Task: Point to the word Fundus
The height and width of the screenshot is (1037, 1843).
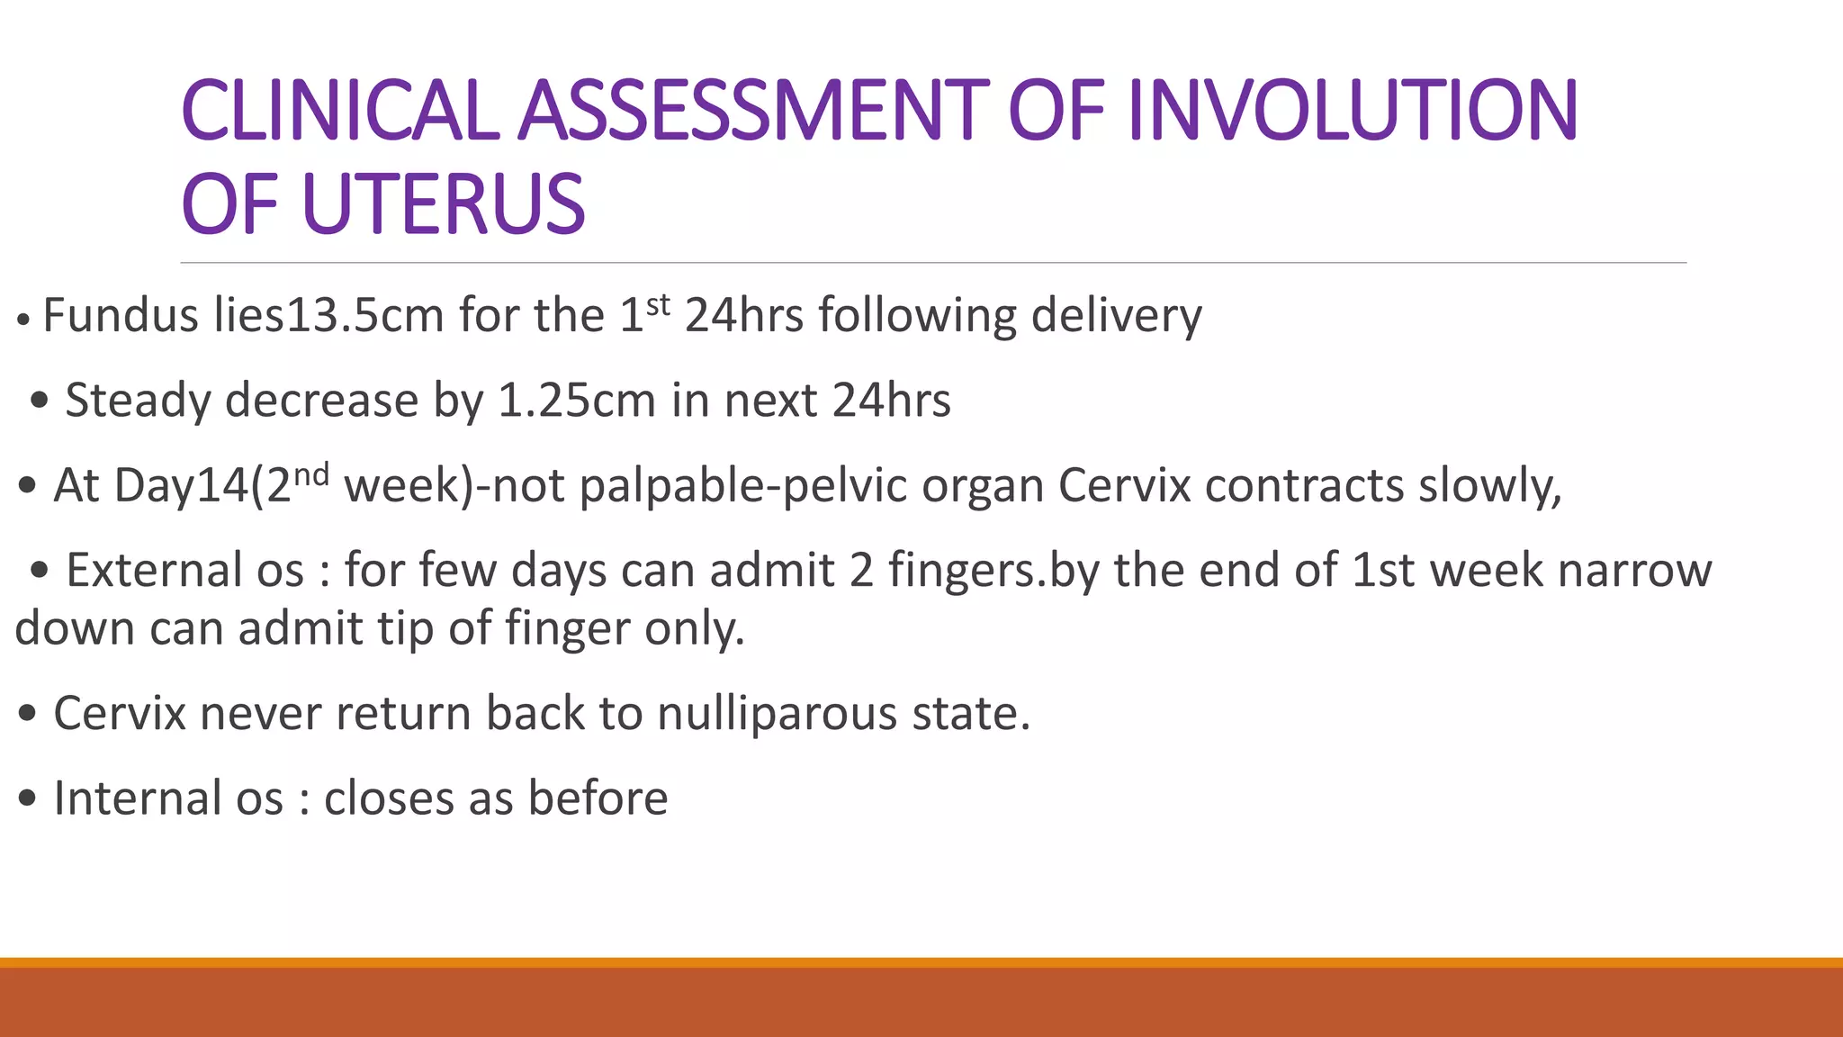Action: [121, 316]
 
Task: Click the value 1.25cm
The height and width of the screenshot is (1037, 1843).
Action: [576, 401]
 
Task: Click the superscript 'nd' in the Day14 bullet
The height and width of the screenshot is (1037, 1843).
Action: [311, 474]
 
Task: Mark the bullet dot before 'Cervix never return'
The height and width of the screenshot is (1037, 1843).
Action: [27, 714]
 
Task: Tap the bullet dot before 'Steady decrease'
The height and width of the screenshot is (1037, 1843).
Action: [39, 401]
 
